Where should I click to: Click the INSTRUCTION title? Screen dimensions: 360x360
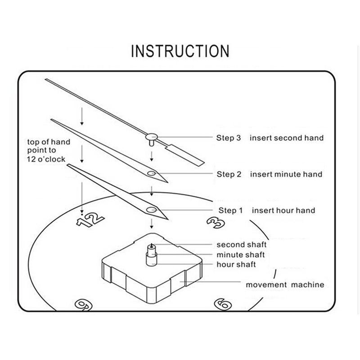pyautogui.click(x=180, y=51)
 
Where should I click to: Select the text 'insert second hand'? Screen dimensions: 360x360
pyautogui.click(x=287, y=138)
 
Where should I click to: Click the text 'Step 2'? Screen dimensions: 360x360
pyautogui.click(x=232, y=174)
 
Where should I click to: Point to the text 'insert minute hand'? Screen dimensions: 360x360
pyautogui.click(x=286, y=174)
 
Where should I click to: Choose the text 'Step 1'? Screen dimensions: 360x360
pyautogui.click(x=231, y=210)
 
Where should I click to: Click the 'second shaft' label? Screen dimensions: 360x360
pyautogui.click(x=242, y=245)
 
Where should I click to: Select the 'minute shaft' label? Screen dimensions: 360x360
pyautogui.click(x=240, y=255)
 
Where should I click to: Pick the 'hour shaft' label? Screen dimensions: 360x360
pyautogui.click(x=236, y=264)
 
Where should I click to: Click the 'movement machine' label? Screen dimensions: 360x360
pyautogui.click(x=284, y=284)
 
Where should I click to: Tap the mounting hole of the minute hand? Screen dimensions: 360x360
pyautogui.click(x=151, y=173)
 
